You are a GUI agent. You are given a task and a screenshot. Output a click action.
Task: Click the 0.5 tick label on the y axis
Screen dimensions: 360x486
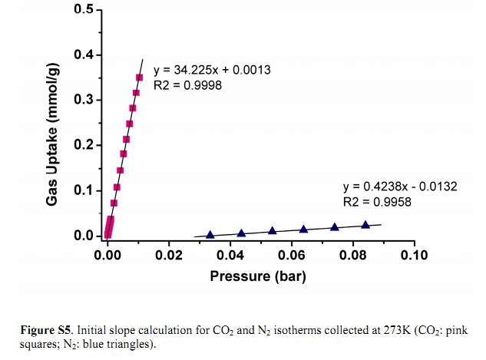(x=82, y=11)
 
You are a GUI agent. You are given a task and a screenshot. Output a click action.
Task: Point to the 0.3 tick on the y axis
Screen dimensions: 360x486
(x=82, y=101)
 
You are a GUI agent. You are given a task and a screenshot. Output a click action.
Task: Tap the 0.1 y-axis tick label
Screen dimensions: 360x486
(x=82, y=190)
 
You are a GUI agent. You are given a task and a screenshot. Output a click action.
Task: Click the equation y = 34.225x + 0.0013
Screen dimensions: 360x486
(x=211, y=71)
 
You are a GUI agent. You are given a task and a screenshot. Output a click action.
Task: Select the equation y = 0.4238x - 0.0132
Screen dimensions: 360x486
(x=400, y=187)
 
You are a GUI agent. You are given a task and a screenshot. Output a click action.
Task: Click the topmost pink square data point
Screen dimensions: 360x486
(x=140, y=78)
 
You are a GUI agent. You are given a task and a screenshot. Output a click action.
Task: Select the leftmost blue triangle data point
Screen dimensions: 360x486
(x=210, y=234)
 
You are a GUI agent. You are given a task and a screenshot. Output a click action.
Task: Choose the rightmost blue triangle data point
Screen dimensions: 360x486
(x=365, y=225)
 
